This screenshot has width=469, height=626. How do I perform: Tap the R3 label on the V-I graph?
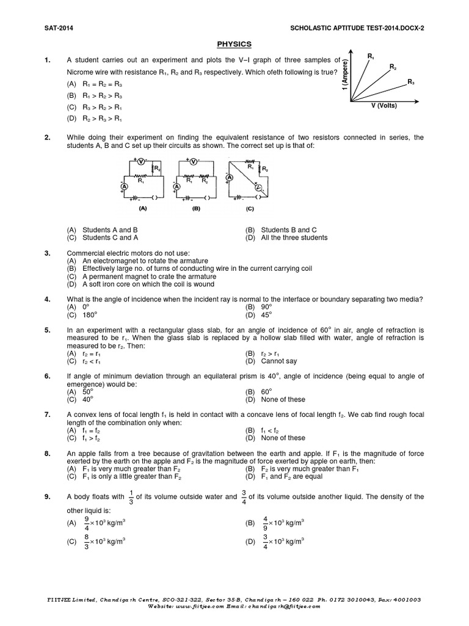pos(411,82)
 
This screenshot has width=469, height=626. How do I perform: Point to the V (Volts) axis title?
pos(384,105)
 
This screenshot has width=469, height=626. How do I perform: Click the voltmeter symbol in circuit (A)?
pos(139,161)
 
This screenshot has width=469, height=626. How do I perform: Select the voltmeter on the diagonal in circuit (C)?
pos(259,187)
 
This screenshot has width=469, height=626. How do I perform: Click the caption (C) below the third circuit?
pos(249,208)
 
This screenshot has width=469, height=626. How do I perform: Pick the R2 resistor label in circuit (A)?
pos(157,168)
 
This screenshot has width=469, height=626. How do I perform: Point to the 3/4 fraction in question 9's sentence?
pos(244,498)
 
